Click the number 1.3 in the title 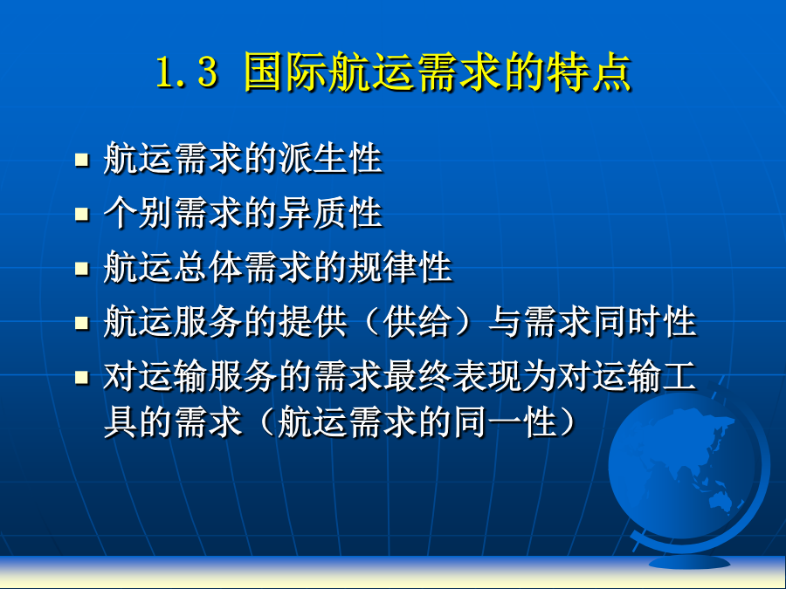click(187, 72)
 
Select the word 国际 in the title click(286, 72)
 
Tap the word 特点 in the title click(589, 72)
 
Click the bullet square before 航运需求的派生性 click(82, 160)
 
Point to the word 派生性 click(330, 159)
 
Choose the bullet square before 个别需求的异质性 click(82, 215)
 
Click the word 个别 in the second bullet click(138, 214)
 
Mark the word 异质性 click(330, 214)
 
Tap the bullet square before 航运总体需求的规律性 click(82, 269)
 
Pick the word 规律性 click(400, 268)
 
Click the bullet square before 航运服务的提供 click(82, 323)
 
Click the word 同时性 click(645, 322)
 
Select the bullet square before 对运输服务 click(82, 377)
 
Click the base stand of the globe click(689, 562)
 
